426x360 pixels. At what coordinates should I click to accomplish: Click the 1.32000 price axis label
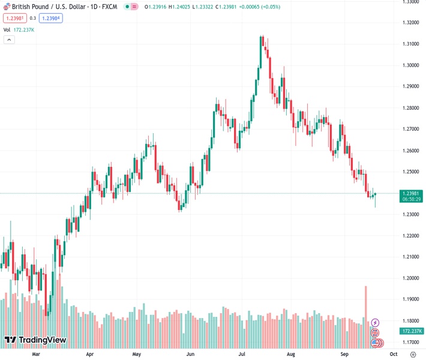(x=411, y=23)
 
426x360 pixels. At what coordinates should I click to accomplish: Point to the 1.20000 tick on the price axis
(x=411, y=278)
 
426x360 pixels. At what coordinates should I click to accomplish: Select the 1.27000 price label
(x=411, y=129)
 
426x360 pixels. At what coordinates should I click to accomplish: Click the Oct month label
(x=394, y=354)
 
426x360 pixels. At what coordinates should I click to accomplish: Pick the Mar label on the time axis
(x=36, y=354)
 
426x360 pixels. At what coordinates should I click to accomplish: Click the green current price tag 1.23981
(x=412, y=193)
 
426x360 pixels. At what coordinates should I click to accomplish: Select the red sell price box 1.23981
(x=14, y=18)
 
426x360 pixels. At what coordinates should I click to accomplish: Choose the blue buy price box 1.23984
(x=51, y=18)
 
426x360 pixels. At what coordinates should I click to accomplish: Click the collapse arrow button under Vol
(x=9, y=40)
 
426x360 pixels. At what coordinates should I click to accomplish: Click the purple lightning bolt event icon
(x=376, y=323)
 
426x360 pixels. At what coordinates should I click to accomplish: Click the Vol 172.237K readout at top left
(x=19, y=29)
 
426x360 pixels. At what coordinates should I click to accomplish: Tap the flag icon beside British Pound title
(x=7, y=7)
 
